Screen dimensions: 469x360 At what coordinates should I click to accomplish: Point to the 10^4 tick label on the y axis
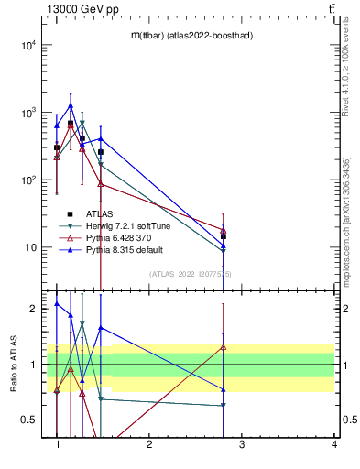click(x=27, y=45)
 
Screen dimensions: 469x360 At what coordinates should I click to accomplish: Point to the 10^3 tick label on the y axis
click(x=27, y=113)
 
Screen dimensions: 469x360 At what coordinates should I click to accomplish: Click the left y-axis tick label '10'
click(x=30, y=247)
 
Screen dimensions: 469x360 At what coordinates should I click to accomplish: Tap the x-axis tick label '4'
click(x=334, y=444)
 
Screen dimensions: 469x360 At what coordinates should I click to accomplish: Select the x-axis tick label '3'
click(x=242, y=444)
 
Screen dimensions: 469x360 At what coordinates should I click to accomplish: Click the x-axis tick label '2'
click(x=149, y=444)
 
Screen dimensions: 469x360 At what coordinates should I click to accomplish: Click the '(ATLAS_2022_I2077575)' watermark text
click(x=191, y=274)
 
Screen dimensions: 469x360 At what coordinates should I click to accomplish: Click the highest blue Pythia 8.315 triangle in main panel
click(x=71, y=105)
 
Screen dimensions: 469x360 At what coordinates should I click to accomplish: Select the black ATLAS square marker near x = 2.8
click(x=224, y=236)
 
